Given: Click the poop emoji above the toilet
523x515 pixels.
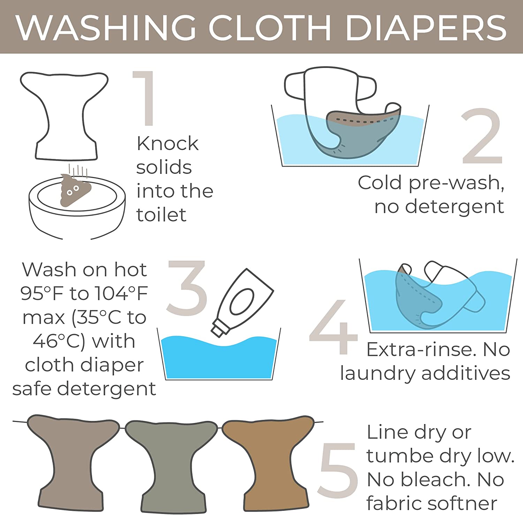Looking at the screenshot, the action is pos(75,190).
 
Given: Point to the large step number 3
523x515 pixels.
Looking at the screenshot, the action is pos(187,288).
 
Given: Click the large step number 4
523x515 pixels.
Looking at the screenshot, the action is pos(334,326).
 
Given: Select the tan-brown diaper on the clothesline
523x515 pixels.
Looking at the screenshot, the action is pos(268,462).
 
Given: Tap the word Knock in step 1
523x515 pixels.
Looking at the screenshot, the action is pos(167,143).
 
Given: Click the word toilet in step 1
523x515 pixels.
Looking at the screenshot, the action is pos(161,215).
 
